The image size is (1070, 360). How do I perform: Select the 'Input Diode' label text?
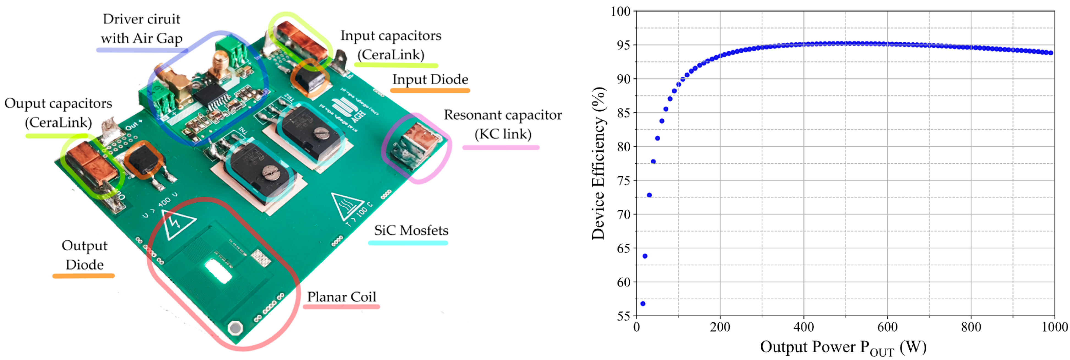tap(430, 79)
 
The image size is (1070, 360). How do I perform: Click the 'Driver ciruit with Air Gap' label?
tap(141, 28)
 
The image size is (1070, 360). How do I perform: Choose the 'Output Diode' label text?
tap(84, 255)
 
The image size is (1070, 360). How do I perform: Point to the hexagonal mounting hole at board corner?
tap(235, 328)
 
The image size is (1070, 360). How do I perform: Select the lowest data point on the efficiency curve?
tap(643, 304)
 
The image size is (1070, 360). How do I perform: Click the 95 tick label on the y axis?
tap(623, 45)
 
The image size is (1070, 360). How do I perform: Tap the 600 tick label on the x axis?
tap(887, 327)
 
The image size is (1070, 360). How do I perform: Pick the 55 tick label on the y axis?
tap(623, 316)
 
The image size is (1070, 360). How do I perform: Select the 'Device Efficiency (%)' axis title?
tap(598, 163)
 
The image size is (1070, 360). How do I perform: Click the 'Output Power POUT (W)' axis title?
tap(843, 347)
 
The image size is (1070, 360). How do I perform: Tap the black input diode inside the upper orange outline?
tap(311, 78)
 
